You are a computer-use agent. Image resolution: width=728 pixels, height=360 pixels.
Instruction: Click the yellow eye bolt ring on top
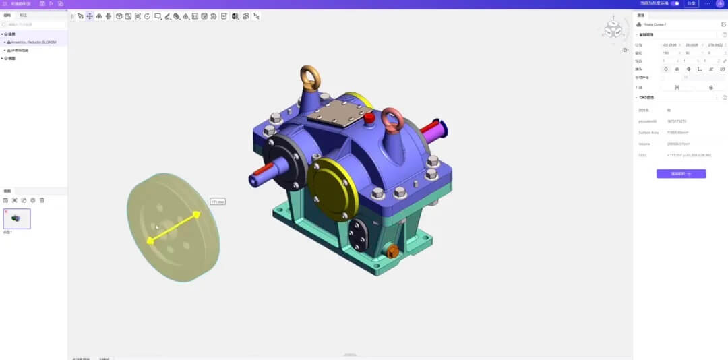(311, 78)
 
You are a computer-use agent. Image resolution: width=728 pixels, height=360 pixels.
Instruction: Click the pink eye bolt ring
(392, 121)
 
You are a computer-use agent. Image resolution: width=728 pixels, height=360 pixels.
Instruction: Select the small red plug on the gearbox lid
(369, 118)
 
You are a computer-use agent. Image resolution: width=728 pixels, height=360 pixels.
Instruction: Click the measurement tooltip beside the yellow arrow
(217, 201)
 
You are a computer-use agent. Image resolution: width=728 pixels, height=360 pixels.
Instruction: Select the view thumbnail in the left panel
(17, 218)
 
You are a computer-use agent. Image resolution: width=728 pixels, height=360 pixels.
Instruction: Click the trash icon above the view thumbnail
(42, 200)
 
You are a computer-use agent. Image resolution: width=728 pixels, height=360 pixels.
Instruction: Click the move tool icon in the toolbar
(90, 16)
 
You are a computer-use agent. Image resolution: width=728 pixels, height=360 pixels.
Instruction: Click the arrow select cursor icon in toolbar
(80, 16)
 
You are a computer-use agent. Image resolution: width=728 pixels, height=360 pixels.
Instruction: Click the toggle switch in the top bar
(674, 3)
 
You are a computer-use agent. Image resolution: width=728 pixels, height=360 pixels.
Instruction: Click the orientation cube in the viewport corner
(613, 30)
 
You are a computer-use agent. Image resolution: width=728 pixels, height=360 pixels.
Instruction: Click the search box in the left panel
(34, 25)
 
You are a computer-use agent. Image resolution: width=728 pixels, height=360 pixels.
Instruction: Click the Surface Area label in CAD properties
(648, 132)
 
